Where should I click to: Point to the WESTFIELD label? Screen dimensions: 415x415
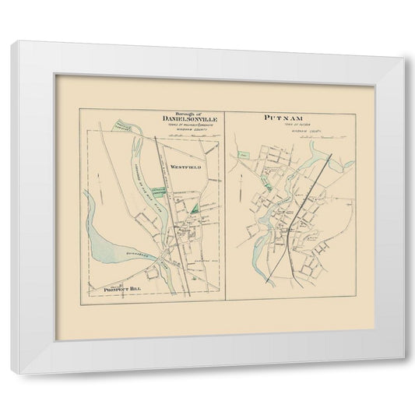coord(187,167)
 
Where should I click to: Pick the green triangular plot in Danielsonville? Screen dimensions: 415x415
coord(193,209)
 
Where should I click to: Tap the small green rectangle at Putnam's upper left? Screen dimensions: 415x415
coord(244,160)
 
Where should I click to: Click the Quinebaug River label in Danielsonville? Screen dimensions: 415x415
coord(135,255)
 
